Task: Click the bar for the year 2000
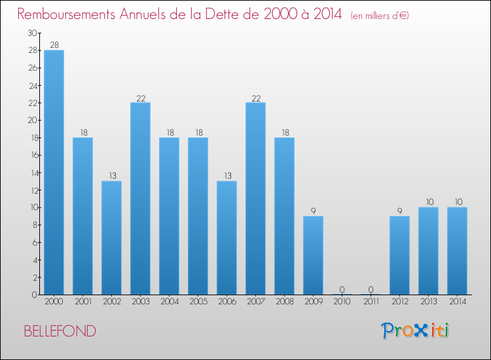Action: pos(54,172)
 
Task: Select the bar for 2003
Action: pos(140,198)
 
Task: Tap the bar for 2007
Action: pos(255,198)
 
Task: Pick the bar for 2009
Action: pos(313,255)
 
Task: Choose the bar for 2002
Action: pos(111,238)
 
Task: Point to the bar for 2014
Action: pos(457,251)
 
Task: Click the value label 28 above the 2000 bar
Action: pos(54,45)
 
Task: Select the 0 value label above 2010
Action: pos(342,289)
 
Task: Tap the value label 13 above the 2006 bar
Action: pos(227,175)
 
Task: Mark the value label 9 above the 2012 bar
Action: pos(399,211)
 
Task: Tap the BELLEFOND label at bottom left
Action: pos(60,331)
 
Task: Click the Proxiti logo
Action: pos(415,331)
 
